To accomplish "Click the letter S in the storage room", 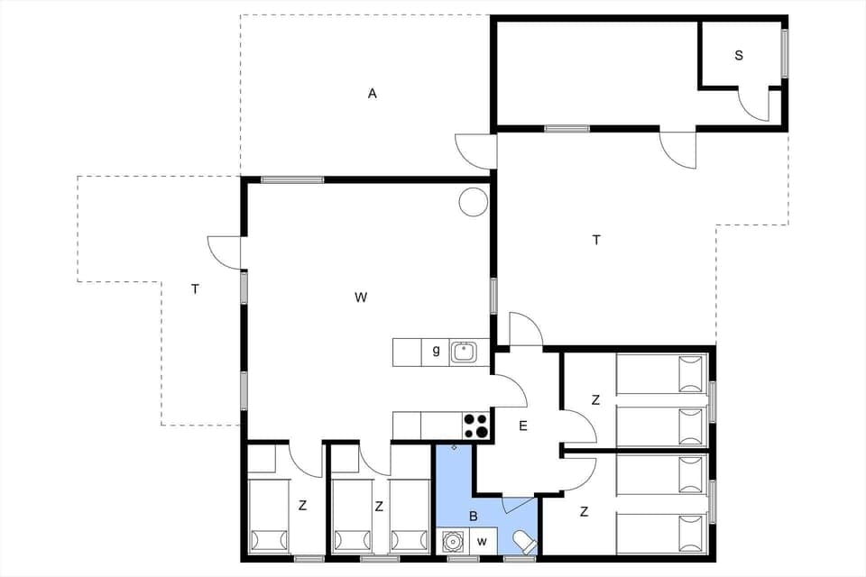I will click(739, 56).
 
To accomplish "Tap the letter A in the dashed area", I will click(372, 93).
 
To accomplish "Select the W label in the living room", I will click(361, 297).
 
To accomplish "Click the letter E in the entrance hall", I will click(523, 426).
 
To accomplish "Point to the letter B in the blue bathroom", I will click(473, 517).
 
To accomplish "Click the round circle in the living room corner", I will click(473, 202).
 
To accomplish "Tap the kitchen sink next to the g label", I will click(465, 352).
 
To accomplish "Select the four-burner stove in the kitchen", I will click(475, 426).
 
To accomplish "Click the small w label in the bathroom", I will click(482, 542).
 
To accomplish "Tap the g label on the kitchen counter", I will click(436, 352).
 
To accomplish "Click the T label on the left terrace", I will click(195, 289).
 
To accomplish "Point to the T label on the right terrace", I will click(595, 240).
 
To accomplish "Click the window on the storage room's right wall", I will click(785, 54).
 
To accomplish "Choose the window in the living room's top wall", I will click(292, 179).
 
